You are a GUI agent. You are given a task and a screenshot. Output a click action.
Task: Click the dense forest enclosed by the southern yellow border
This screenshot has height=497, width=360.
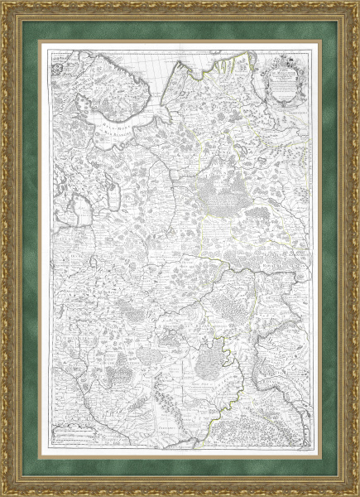click(214, 360)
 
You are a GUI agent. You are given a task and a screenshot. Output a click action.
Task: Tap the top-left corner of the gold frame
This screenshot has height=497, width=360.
click(3, 3)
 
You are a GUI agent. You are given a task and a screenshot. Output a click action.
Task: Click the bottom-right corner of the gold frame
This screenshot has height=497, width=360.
click(357, 494)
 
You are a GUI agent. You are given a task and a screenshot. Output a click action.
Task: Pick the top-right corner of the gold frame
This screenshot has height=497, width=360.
click(357, 3)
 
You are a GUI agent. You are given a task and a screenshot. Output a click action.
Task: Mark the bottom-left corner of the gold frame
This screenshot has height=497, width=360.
click(3, 494)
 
